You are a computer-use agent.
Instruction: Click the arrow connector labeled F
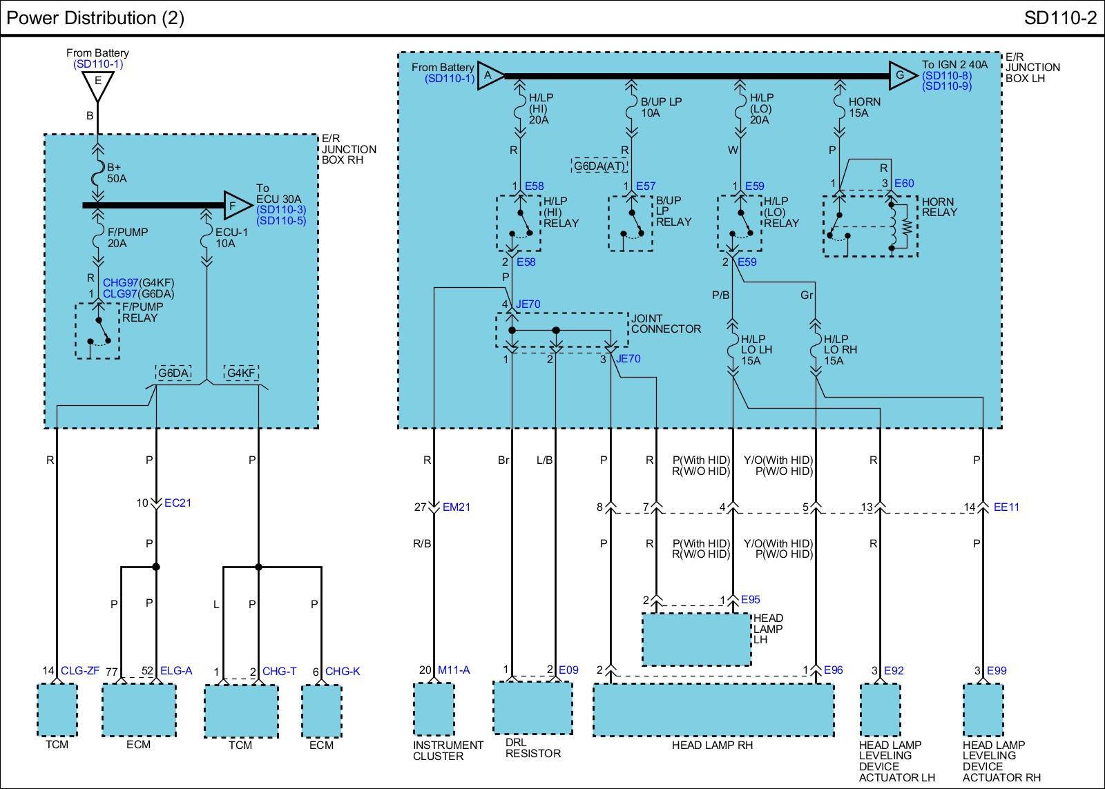pos(238,205)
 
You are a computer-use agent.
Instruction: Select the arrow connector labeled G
pos(903,75)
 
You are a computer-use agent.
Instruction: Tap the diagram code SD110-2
pos(1060,18)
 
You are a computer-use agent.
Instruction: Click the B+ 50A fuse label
pos(117,173)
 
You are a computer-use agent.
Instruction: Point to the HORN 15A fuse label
pos(864,107)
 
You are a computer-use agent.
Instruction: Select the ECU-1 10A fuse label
pos(231,237)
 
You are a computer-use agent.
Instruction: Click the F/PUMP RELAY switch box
pos(97,331)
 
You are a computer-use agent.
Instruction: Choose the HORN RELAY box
pos(870,226)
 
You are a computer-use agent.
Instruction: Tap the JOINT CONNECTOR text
pos(666,324)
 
